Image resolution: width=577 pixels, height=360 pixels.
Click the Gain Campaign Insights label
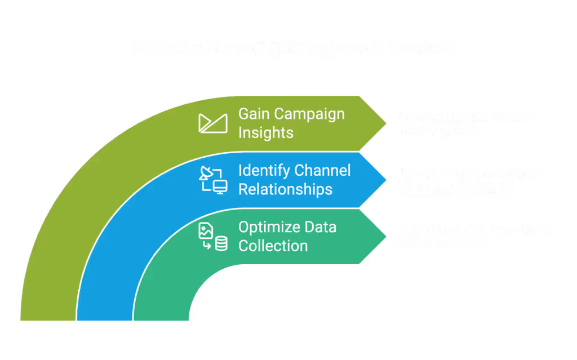(291, 123)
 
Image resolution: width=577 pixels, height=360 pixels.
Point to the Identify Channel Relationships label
(294, 180)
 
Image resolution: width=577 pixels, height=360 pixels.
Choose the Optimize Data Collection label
(287, 237)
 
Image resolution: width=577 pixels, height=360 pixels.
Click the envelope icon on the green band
(213, 123)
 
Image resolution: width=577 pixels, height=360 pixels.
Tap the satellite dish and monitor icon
(213, 180)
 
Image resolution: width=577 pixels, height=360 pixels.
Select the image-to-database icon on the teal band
(213, 237)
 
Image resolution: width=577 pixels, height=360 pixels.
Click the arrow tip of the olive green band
(385, 123)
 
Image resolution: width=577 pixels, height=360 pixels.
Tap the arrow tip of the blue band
(385, 180)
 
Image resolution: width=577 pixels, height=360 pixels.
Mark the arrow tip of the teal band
(385, 237)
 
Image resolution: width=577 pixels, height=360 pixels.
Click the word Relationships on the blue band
(285, 189)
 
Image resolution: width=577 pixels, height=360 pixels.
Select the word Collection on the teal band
(273, 246)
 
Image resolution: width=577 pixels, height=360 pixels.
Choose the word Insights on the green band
(266, 132)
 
